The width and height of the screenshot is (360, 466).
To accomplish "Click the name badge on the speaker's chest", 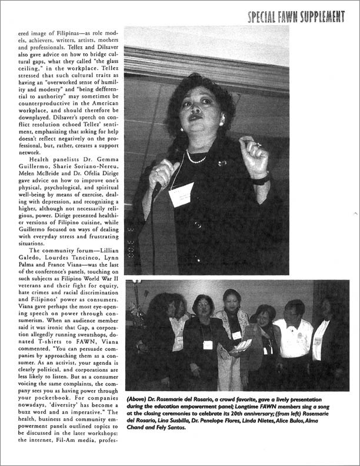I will point(182,194).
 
